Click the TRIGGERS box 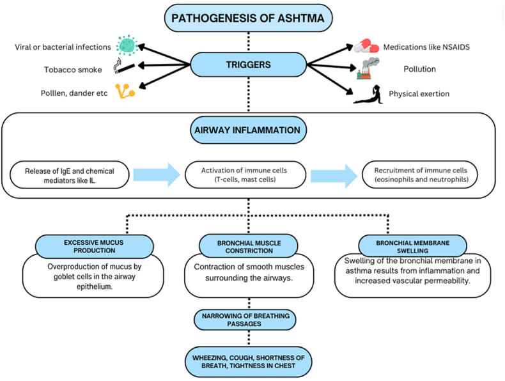point(248,65)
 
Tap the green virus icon point(127,45)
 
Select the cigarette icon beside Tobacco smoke point(123,66)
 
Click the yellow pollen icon point(125,91)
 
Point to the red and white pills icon point(366,47)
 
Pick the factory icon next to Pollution point(368,68)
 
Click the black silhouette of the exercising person point(368,95)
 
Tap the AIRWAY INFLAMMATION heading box point(248,130)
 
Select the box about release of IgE point(70,175)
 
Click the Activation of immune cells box point(245,175)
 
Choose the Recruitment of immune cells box point(420,175)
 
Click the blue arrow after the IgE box point(157,175)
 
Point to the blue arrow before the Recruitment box point(334,176)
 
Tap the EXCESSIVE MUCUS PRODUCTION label point(94,246)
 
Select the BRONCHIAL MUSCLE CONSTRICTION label point(249,247)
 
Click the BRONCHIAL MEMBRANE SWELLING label point(412,246)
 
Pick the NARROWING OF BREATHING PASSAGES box point(245,320)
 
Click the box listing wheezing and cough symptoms point(248,362)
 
